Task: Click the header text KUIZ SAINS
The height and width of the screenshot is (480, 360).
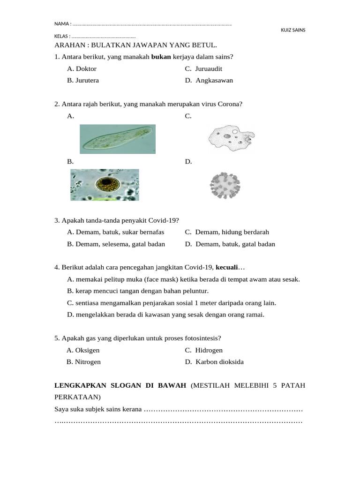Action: (x=293, y=30)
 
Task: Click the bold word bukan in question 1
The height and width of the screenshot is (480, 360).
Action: (x=161, y=57)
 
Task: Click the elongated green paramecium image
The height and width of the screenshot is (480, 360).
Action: (x=118, y=139)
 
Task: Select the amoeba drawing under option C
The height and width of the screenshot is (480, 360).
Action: (x=230, y=138)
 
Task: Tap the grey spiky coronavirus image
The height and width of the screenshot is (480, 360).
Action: (x=225, y=185)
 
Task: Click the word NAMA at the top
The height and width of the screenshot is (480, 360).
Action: (x=61, y=24)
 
